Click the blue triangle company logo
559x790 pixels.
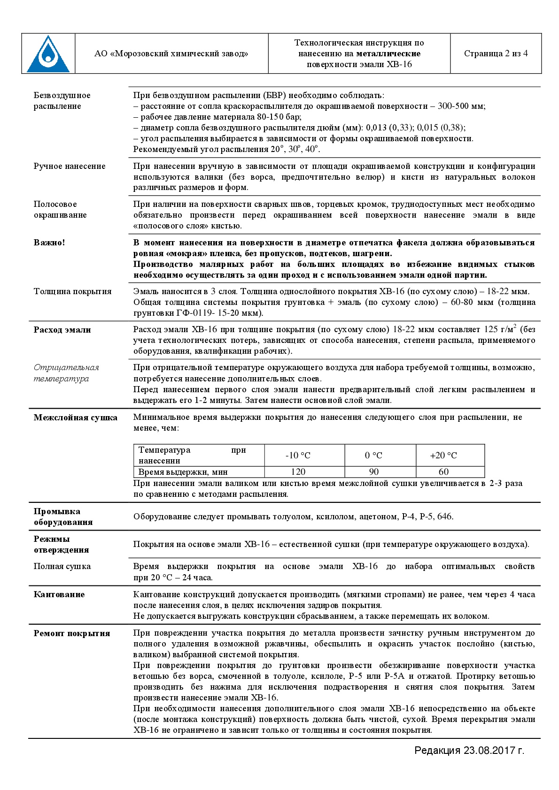tap(48, 53)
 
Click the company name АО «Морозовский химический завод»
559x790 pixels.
tap(171, 53)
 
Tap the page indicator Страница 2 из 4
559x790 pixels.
tap(496, 53)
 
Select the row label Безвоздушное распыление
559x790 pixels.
tap(62, 101)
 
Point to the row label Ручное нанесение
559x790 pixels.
tap(70, 166)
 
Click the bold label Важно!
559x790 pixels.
tap(49, 243)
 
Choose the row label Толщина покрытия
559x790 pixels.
tap(72, 291)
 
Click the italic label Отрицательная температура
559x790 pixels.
tap(66, 373)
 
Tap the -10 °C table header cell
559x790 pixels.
tap(298, 456)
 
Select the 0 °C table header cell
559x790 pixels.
tap(373, 456)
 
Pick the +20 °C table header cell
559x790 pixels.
tap(443, 456)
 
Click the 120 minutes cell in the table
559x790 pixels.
tap(298, 472)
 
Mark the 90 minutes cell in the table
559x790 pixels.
tap(373, 472)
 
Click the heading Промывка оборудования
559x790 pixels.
tap(63, 517)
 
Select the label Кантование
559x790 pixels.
tap(59, 594)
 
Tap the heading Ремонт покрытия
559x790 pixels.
tap(72, 633)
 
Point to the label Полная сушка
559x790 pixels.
tap(62, 566)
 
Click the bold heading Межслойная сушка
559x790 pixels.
tap(76, 418)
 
